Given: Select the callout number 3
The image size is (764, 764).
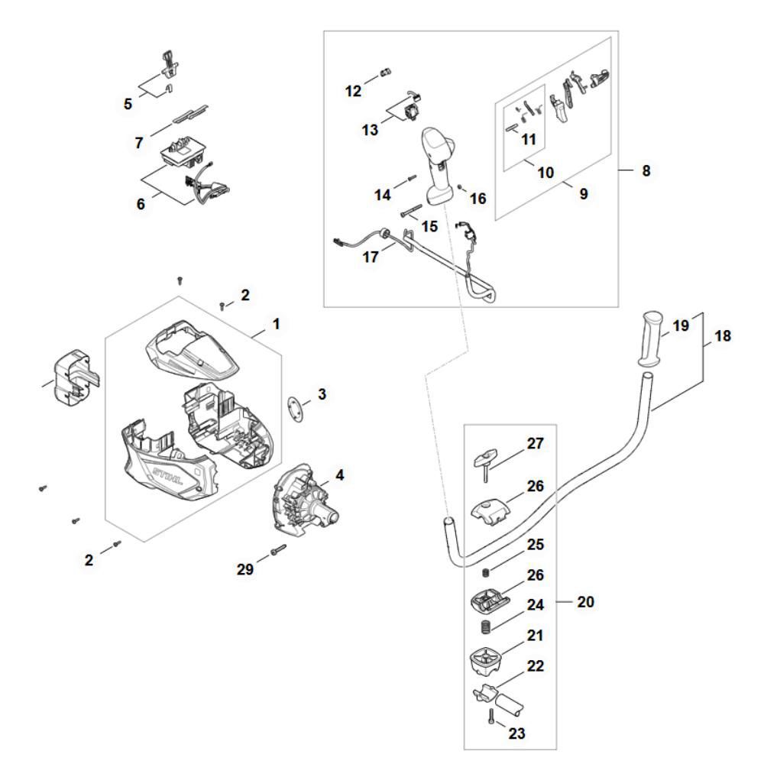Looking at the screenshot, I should point(322,394).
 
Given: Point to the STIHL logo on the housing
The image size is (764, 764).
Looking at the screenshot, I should point(170,474).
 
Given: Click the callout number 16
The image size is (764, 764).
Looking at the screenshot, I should point(478,199).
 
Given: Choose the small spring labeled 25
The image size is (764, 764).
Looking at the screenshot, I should point(483,572).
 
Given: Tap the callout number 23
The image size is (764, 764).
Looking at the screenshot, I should point(517,733).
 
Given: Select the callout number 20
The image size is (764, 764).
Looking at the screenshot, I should point(586,602).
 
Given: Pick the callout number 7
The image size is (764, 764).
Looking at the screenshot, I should point(139,143).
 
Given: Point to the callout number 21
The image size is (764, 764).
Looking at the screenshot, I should point(536,636).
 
